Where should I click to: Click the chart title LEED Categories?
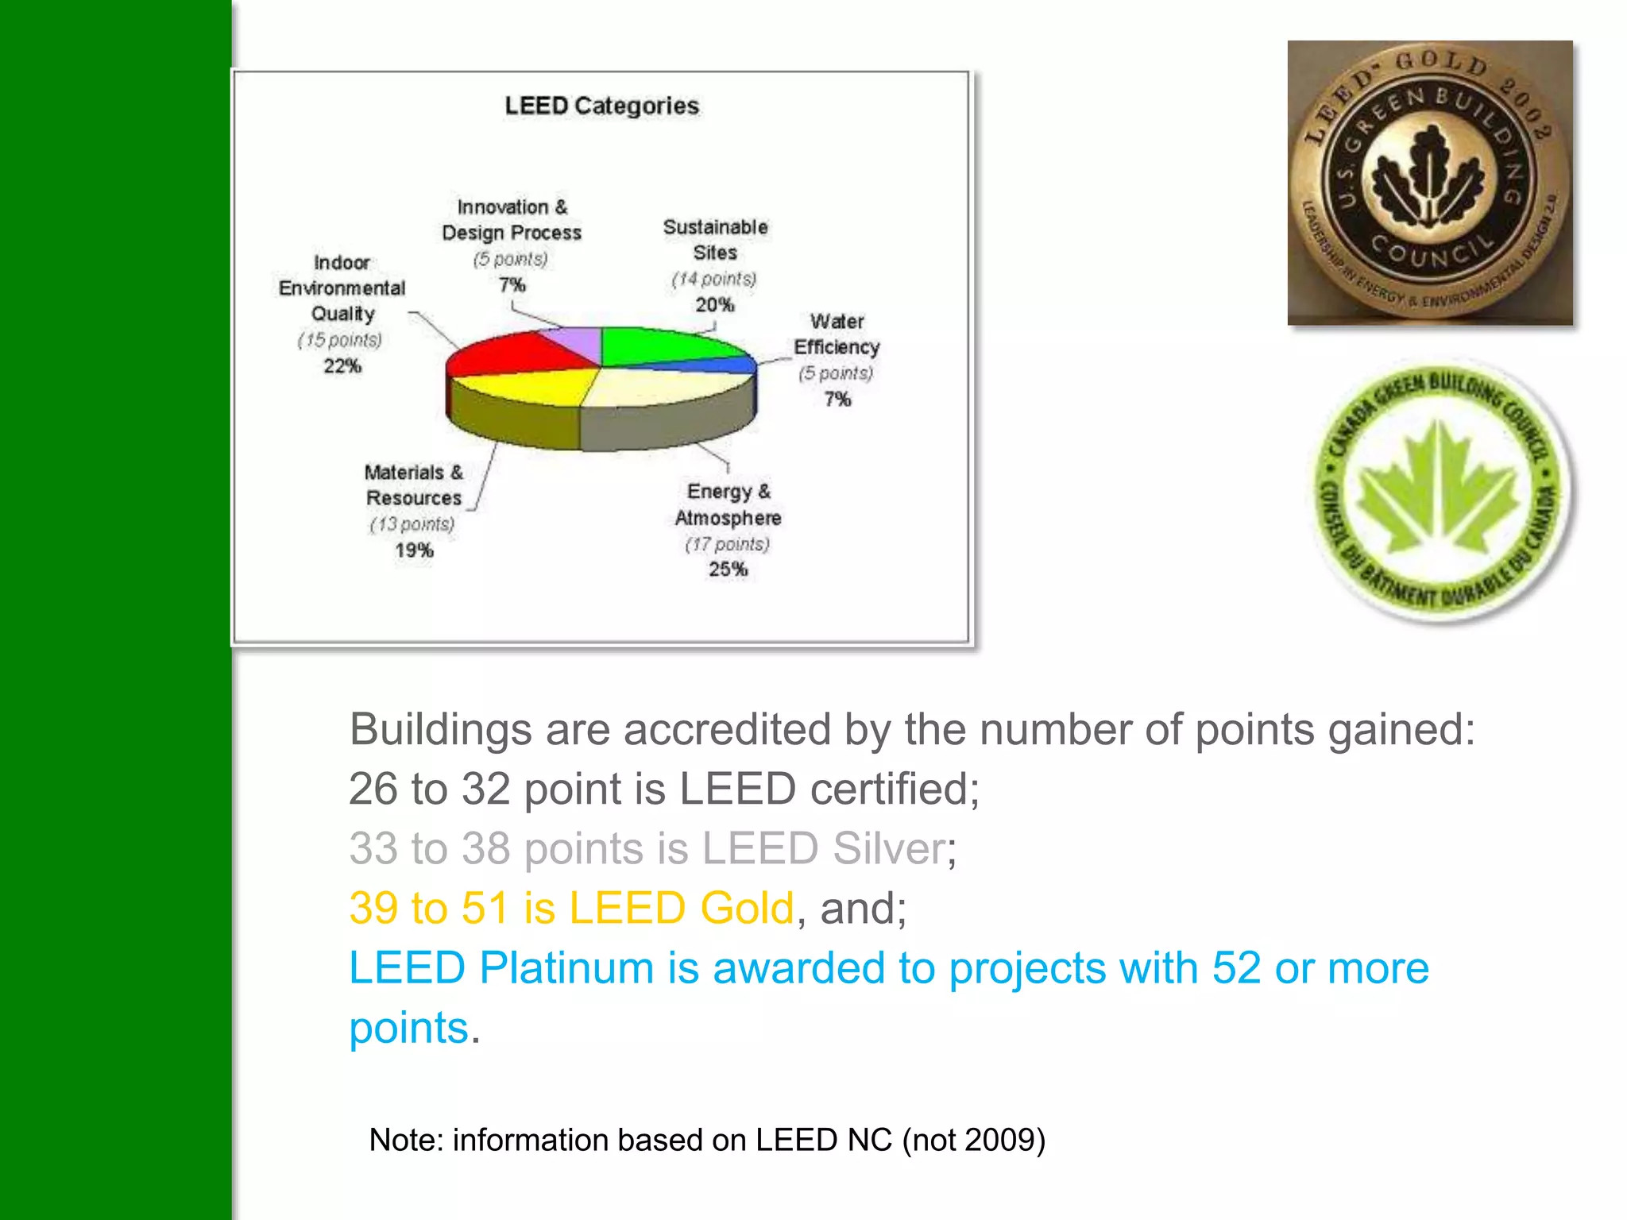click(601, 106)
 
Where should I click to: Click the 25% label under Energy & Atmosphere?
click(728, 569)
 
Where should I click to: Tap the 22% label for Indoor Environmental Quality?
click(342, 365)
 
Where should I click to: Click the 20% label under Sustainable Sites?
click(714, 304)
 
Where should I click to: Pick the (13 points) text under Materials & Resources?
click(412, 524)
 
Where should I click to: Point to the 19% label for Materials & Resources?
click(414, 550)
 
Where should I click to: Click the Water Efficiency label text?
click(837, 334)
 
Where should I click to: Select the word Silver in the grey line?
click(888, 848)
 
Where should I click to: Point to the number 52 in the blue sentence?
click(1236, 968)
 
